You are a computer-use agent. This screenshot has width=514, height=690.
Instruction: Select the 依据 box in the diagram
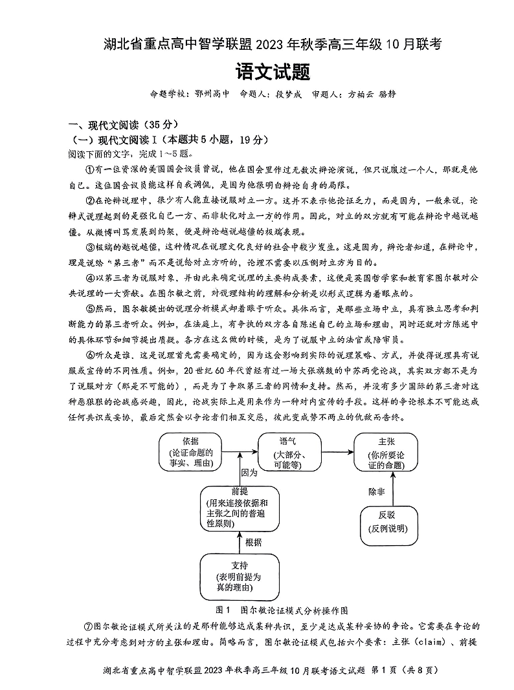(x=190, y=453)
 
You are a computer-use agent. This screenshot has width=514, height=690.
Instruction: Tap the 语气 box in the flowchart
(x=289, y=453)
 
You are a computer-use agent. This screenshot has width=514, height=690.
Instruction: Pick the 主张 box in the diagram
(x=387, y=453)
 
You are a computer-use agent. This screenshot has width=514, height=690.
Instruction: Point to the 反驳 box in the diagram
(x=386, y=523)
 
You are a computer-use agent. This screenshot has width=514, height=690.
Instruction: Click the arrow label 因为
(x=249, y=473)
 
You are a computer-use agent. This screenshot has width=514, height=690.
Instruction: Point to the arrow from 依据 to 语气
(x=240, y=452)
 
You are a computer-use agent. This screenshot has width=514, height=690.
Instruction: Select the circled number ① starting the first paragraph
(x=90, y=169)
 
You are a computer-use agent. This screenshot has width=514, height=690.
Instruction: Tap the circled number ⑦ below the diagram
(x=90, y=627)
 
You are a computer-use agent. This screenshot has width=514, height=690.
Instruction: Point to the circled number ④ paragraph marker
(x=90, y=279)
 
